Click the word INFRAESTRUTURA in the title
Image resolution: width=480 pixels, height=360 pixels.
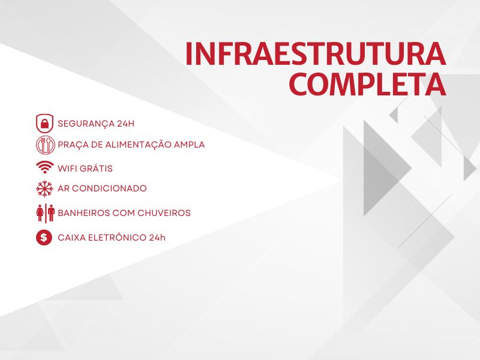coord(316,54)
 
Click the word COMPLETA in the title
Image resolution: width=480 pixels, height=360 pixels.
coord(367,84)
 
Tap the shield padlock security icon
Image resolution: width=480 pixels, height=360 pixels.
coord(44,124)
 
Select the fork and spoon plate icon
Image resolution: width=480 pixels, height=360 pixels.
coord(46,145)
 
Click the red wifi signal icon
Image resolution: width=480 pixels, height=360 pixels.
coord(44,167)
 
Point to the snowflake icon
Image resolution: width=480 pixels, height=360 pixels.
coord(44,188)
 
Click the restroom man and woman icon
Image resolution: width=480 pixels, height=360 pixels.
coord(46,213)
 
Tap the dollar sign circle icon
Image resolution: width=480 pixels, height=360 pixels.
coord(44,237)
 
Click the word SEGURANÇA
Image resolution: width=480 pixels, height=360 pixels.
coord(86,124)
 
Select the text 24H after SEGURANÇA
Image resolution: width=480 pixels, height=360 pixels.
coord(125,124)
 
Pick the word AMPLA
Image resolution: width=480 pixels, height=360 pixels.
coord(189,145)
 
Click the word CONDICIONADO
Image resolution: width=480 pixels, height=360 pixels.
coord(109,188)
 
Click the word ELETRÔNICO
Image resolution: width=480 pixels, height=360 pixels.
coord(117,237)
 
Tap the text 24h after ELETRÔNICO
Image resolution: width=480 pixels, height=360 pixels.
coord(157,238)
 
